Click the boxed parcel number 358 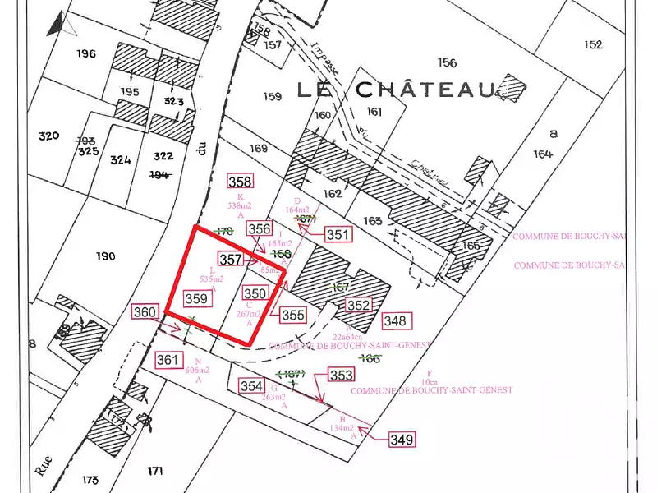click(x=241, y=182)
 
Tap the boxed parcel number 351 click(x=338, y=235)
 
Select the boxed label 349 click(x=402, y=440)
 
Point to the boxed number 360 click(x=145, y=312)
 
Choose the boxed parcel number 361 click(x=168, y=360)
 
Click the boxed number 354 click(x=251, y=386)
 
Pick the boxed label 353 click(x=342, y=376)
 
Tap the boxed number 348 click(x=395, y=320)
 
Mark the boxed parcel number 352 click(x=358, y=305)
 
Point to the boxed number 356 click(x=260, y=229)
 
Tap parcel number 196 click(x=85, y=54)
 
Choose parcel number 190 click(x=105, y=256)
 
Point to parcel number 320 click(x=49, y=136)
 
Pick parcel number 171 click(x=155, y=471)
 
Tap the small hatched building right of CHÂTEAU click(x=512, y=86)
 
